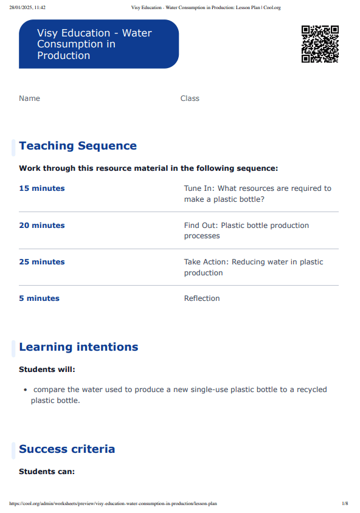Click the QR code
[320, 44]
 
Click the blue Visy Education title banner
[99, 44]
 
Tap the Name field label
[29, 98]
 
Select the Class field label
[190, 98]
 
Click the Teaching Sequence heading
[78, 146]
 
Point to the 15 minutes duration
[42, 188]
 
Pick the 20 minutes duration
[42, 226]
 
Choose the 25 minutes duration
[42, 262]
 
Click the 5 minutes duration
[40, 298]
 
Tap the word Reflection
[202, 298]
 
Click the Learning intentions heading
[78, 347]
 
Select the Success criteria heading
[67, 449]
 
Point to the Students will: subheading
[47, 370]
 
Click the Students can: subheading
[47, 471]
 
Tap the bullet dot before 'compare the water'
[25, 390]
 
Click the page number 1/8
[345, 504]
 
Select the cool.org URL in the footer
[113, 504]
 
